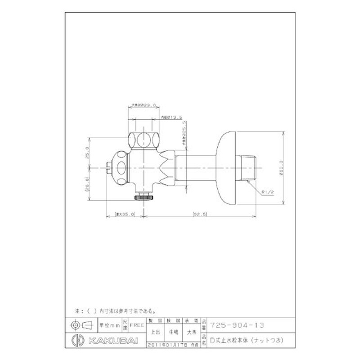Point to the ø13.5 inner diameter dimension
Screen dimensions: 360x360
click(171, 117)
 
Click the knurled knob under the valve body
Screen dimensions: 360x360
click(144, 197)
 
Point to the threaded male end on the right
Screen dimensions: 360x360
click(249, 168)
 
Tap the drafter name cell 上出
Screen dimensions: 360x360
click(154, 333)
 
